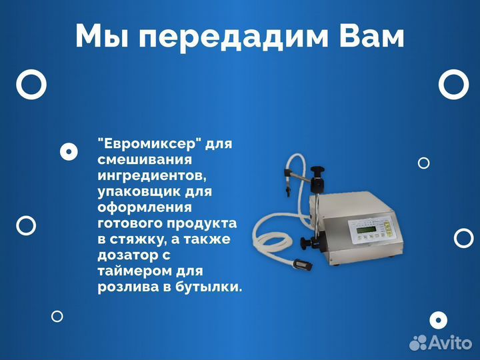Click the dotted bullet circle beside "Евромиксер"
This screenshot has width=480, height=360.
(69, 153)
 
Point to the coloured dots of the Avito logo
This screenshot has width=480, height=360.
(418, 343)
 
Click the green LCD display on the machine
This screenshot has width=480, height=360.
(366, 231)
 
